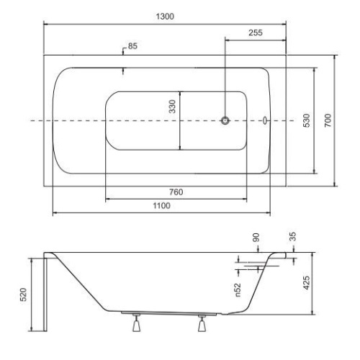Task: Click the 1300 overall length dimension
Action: point(165,17)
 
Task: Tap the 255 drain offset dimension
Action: point(256,32)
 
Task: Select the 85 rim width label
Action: point(132,46)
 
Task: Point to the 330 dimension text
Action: point(172,107)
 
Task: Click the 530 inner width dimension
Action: point(307,120)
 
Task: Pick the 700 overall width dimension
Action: point(328,120)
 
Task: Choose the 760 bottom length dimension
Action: point(176,192)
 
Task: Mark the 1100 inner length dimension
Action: point(161,206)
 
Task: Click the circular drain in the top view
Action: point(225,120)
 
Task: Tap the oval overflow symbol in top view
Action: point(265,120)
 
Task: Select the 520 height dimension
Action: point(23,294)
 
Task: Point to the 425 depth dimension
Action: point(307,283)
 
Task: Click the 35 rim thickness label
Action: point(292,237)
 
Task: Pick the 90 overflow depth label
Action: point(256,238)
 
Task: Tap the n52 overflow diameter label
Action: point(238,290)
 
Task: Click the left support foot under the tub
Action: point(137,323)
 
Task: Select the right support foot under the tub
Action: point(202,323)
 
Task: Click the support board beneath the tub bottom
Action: point(169,313)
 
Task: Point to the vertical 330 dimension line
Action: point(180,120)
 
